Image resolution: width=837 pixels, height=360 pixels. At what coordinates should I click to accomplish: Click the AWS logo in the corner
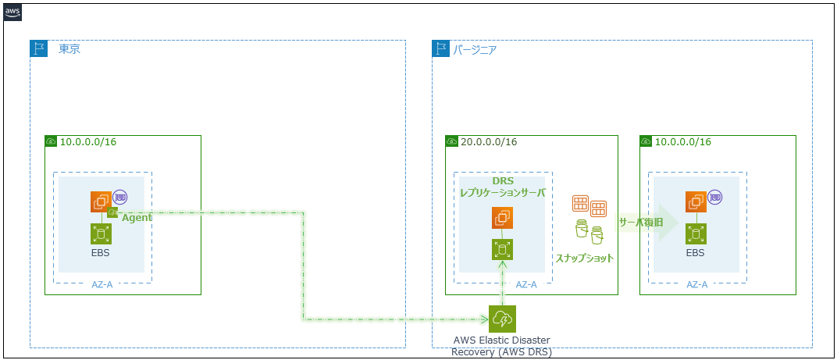[x=13, y=13]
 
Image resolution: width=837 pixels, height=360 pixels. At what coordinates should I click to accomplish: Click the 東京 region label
[x=69, y=49]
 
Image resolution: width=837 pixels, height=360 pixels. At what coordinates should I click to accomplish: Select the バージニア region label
[x=475, y=49]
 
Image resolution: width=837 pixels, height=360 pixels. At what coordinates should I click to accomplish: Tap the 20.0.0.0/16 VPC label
[x=489, y=142]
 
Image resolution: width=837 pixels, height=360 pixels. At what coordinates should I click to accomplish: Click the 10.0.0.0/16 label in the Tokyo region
[x=88, y=142]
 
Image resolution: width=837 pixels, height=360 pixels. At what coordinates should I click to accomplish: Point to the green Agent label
[x=137, y=218]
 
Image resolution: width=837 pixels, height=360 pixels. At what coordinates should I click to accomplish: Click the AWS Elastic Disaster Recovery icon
[x=503, y=319]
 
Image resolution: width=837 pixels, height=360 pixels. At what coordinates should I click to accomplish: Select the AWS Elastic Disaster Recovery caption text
[x=501, y=345]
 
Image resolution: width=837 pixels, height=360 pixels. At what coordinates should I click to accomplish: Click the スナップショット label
[x=584, y=258]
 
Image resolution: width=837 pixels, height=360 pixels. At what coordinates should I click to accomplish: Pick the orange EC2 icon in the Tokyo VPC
[x=101, y=202]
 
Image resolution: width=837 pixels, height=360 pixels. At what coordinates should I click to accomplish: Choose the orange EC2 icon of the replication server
[x=502, y=218]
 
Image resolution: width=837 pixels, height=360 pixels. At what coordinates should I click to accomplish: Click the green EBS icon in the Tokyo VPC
[x=101, y=233]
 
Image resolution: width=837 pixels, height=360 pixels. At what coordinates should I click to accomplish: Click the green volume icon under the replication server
[x=502, y=249]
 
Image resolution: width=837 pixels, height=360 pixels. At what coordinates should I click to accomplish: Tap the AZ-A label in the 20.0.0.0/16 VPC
[x=526, y=284]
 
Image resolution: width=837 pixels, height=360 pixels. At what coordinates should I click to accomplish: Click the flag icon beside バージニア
[x=441, y=49]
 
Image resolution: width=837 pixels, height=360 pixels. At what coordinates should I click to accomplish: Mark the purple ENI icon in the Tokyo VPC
[x=119, y=197]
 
